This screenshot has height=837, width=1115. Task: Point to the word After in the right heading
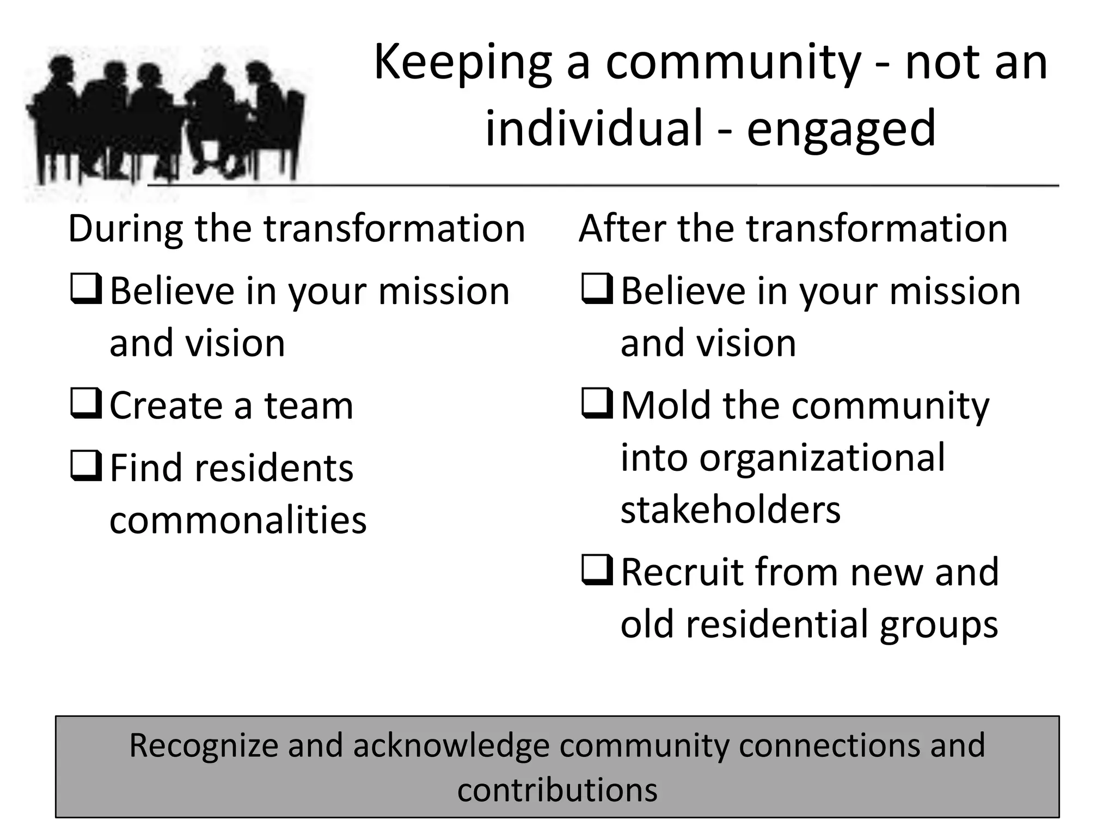pos(622,229)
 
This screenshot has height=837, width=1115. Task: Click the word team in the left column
pos(309,407)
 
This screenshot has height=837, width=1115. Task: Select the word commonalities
pos(238,520)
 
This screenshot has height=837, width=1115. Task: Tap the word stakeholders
pos(731,511)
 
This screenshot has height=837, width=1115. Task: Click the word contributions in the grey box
pos(557,790)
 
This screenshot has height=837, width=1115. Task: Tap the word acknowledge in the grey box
pos(451,747)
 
